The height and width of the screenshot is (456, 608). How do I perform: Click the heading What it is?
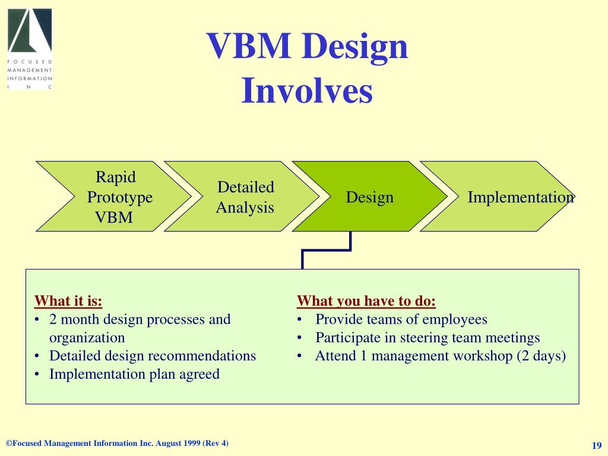(68, 301)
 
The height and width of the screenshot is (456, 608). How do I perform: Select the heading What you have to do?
(366, 301)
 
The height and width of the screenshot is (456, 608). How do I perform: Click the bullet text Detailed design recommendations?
(153, 356)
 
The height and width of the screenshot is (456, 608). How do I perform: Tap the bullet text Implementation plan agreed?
(134, 374)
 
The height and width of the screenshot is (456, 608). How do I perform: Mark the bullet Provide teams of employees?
(401, 319)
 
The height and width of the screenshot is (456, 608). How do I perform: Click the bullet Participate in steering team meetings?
(427, 338)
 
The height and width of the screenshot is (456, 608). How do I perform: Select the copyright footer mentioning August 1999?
(117, 444)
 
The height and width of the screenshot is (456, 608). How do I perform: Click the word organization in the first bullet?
(87, 338)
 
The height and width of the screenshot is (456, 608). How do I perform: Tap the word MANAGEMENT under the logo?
(30, 70)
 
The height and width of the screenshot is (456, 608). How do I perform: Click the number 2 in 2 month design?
(53, 319)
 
